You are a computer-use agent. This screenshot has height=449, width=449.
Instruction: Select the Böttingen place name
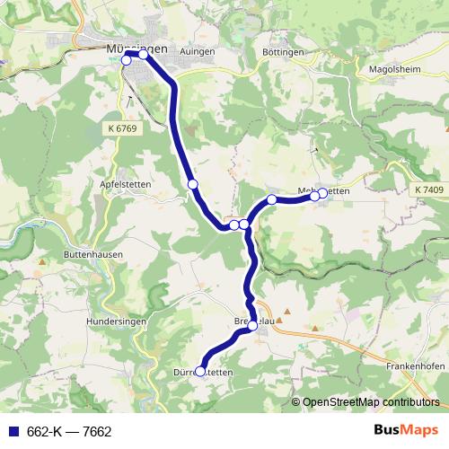(284, 53)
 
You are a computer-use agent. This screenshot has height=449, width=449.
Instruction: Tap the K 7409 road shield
(429, 191)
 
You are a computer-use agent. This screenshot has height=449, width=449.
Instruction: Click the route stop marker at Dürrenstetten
(200, 369)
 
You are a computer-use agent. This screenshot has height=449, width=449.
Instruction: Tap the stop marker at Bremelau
(252, 326)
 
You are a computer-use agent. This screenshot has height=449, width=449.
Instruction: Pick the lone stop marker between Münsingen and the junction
(192, 184)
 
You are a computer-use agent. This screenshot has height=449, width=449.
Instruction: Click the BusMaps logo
(404, 431)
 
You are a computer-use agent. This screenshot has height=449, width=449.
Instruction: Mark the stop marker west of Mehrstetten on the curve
(271, 198)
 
